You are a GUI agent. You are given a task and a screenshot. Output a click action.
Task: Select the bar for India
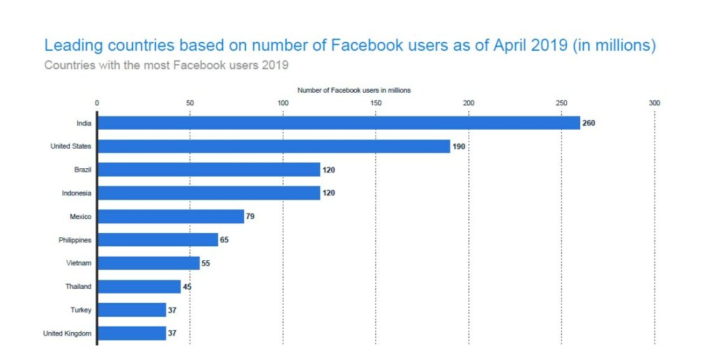[338, 123]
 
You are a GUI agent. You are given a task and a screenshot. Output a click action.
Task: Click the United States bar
[273, 147]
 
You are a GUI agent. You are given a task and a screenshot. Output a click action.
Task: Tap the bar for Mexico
[171, 216]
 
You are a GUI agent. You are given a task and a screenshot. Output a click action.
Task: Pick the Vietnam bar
[149, 263]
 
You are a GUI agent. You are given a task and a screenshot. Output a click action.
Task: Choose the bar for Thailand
[139, 287]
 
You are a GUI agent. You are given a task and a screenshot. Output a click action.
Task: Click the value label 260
[589, 123]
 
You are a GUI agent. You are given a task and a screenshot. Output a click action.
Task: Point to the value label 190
[458, 147]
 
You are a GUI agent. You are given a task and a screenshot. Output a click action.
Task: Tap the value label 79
[250, 216]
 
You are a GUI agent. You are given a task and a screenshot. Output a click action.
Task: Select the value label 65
[224, 240]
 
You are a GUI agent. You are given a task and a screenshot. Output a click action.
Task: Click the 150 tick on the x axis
[376, 103]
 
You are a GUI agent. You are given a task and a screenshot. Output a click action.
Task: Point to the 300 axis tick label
[654, 103]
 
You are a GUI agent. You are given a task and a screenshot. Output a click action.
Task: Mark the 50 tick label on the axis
[190, 103]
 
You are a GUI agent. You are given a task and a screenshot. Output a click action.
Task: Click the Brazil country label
[82, 170]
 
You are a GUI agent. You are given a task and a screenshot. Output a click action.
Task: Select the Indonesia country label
[76, 193]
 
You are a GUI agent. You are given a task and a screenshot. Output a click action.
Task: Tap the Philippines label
[75, 240]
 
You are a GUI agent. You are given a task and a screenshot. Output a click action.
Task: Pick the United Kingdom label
[67, 333]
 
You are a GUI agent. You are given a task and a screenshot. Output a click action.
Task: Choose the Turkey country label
[82, 310]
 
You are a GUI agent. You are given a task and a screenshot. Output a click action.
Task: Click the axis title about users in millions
[354, 91]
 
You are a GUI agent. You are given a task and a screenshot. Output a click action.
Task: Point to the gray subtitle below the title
[166, 66]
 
